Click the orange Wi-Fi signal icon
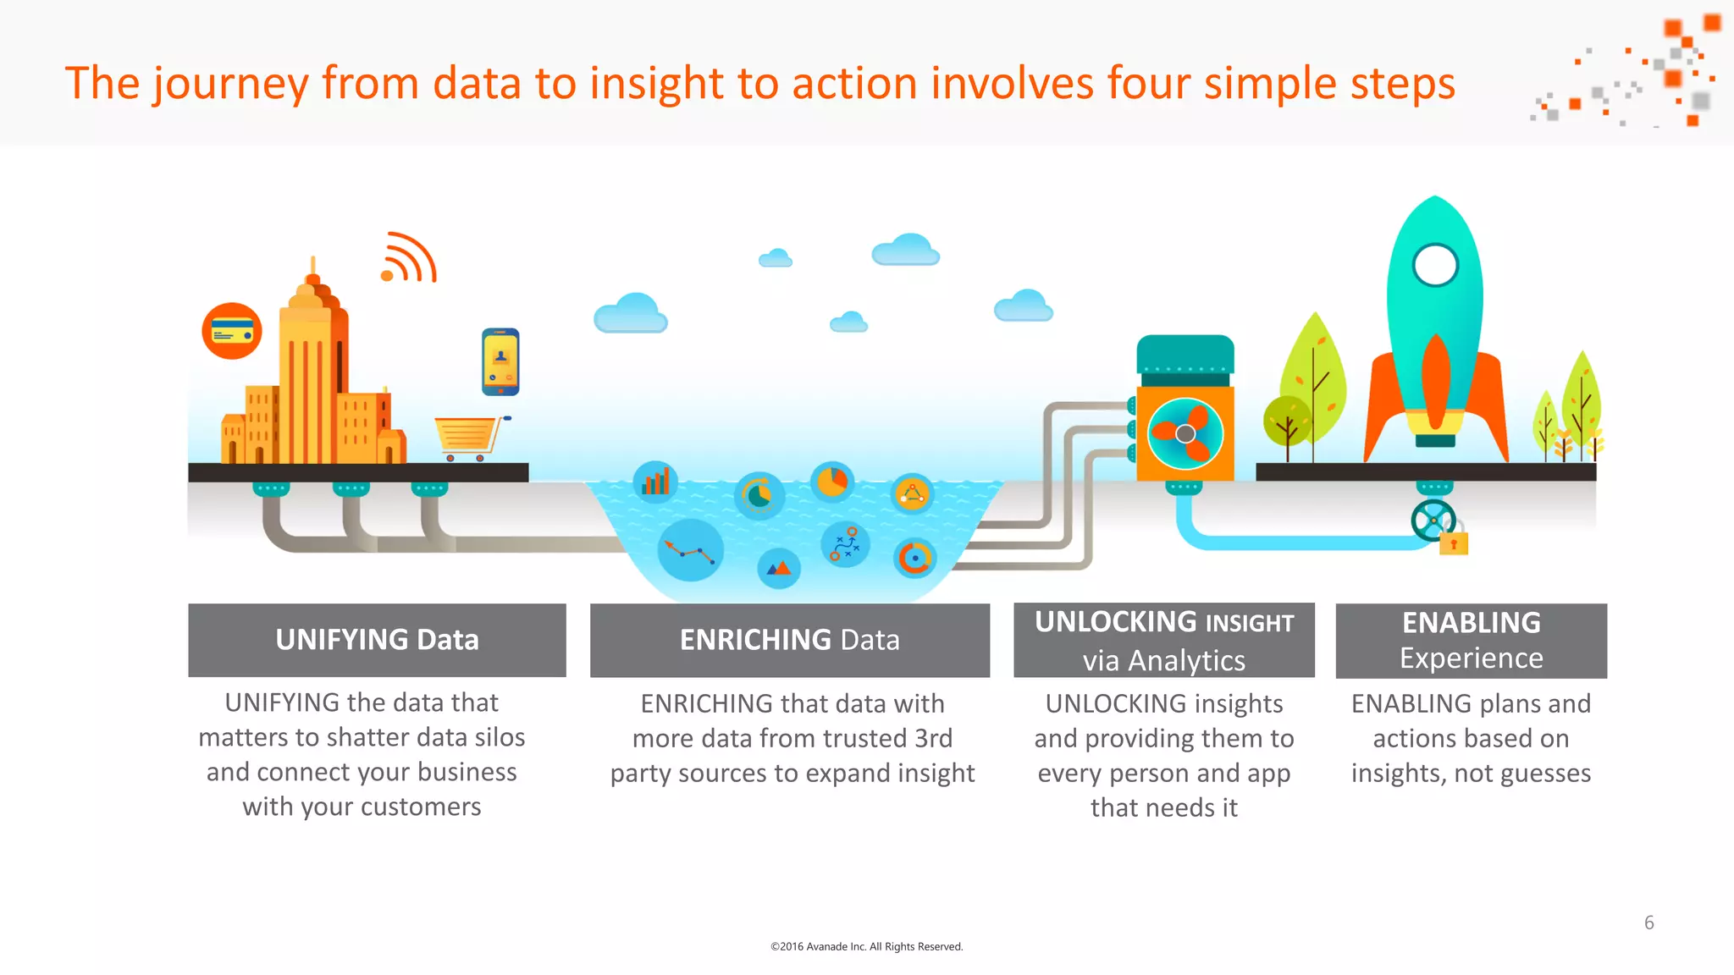[409, 257]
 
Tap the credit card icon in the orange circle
[232, 331]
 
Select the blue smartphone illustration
[500, 361]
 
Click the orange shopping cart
[468, 436]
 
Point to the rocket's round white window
[1435, 265]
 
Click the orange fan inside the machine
[1185, 433]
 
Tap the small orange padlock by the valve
[1454, 543]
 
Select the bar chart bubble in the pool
[655, 482]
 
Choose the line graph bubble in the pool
[690, 551]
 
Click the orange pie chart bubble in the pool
[832, 482]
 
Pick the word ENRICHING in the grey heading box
[755, 640]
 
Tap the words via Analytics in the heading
[1163, 660]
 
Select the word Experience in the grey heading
[1471, 658]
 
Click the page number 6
[1648, 923]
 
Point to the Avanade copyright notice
[866, 946]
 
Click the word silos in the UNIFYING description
[500, 737]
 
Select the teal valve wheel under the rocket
[1433, 521]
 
